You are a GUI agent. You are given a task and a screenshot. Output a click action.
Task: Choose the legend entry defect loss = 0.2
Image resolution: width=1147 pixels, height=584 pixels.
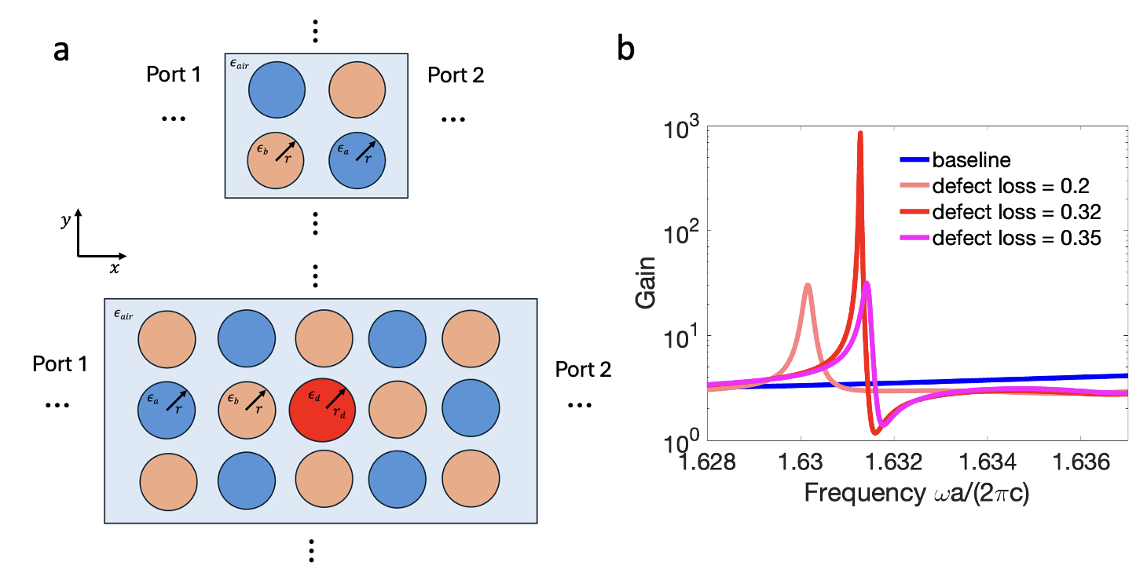coord(1010,187)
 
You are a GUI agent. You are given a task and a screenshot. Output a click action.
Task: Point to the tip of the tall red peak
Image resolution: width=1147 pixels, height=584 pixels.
coord(860,133)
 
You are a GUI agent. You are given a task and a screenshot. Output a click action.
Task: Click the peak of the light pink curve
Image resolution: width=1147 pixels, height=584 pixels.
coord(808,286)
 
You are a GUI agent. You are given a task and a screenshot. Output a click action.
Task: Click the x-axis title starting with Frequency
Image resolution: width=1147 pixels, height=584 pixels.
coord(895,494)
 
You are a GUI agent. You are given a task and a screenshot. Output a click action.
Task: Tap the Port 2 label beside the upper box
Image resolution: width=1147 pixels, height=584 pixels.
coord(456,75)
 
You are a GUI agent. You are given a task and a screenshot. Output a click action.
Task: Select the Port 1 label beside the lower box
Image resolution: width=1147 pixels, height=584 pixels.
coord(60,365)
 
